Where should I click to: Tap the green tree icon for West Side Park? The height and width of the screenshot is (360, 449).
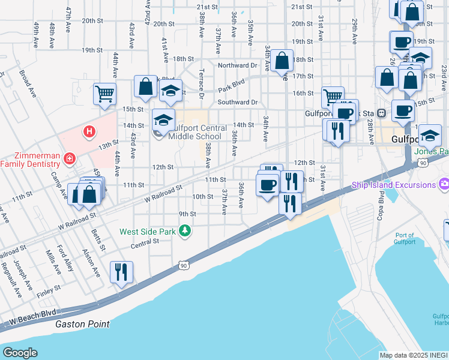[186, 230]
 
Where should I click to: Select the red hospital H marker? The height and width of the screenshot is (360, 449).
[89, 131]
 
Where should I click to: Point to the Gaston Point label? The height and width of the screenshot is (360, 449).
[82, 324]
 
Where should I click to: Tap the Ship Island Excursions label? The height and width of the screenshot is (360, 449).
[394, 185]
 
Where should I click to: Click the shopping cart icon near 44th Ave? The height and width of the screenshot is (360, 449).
[104, 94]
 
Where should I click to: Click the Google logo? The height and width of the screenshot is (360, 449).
[20, 353]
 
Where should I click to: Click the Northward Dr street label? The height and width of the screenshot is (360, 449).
[237, 65]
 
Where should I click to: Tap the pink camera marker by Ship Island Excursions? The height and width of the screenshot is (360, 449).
[444, 183]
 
